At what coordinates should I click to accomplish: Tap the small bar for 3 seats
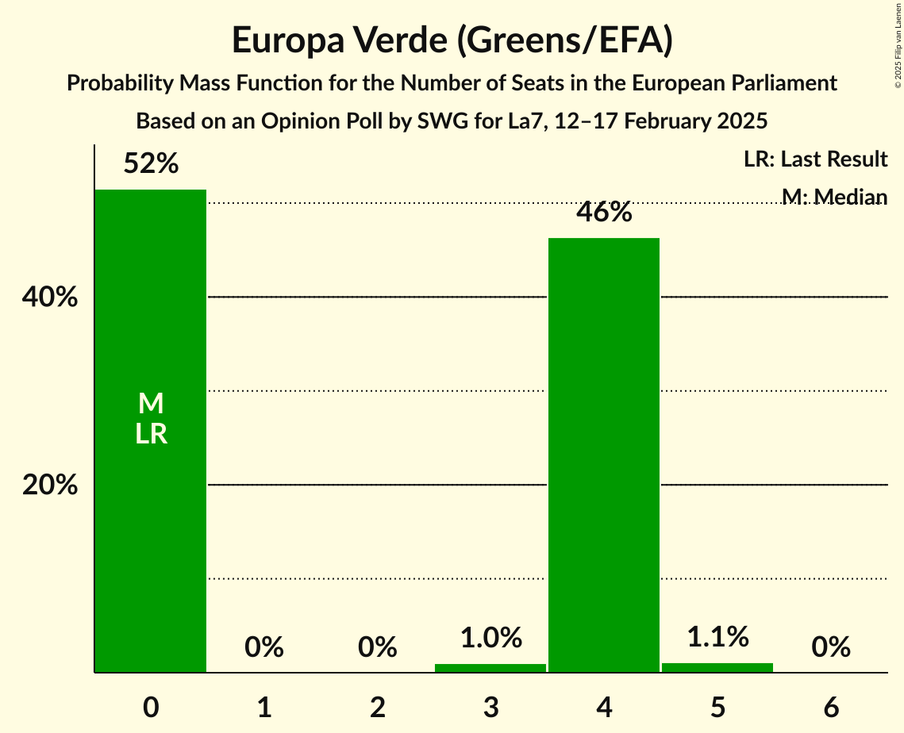point(490,668)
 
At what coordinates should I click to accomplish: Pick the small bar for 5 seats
point(717,667)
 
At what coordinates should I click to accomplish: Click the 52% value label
point(151,164)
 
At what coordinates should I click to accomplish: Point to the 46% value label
point(604,213)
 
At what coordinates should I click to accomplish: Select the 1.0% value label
point(490,638)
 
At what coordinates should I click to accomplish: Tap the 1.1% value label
point(717,636)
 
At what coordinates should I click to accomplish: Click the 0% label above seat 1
point(264,647)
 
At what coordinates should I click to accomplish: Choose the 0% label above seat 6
point(831,647)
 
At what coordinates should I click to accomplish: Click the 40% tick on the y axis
point(49,297)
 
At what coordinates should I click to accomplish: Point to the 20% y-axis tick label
point(49,485)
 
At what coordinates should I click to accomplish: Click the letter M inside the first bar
point(151,404)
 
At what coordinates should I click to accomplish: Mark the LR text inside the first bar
point(151,434)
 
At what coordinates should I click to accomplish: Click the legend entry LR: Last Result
point(815,159)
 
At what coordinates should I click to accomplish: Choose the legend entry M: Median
point(833,196)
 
